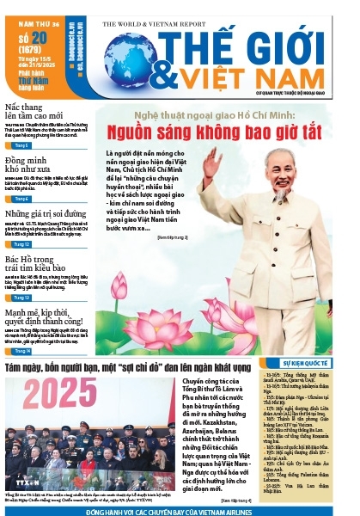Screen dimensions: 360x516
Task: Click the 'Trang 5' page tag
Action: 22,145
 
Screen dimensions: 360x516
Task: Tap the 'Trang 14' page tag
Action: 22,351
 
